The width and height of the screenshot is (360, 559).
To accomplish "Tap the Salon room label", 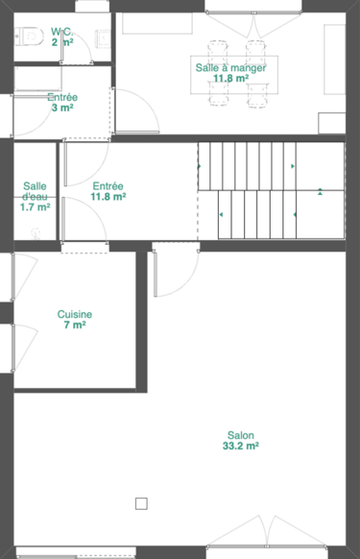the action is click(241, 435).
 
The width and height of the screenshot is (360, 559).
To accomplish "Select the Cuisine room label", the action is click(75, 314).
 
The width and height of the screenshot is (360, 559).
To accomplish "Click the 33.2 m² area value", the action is click(241, 446).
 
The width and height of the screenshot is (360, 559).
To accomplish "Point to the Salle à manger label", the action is click(230, 68).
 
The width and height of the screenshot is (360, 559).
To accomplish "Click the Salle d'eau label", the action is click(35, 191).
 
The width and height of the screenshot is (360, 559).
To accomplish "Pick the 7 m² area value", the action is click(75, 325).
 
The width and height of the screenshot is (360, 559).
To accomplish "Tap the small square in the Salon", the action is click(141, 503).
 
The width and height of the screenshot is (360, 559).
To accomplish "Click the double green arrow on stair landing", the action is click(320, 191).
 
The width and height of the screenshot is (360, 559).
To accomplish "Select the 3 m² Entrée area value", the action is click(62, 108).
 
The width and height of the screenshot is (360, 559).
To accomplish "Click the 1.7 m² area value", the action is click(35, 207).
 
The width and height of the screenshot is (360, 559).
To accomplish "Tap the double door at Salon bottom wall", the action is click(267, 531).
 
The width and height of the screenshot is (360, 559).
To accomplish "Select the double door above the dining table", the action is click(254, 24).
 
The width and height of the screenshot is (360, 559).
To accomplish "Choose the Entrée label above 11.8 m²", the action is click(108, 186).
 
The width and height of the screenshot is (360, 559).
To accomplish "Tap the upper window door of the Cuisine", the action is click(24, 277).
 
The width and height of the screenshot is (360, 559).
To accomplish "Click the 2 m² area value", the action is click(62, 42).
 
